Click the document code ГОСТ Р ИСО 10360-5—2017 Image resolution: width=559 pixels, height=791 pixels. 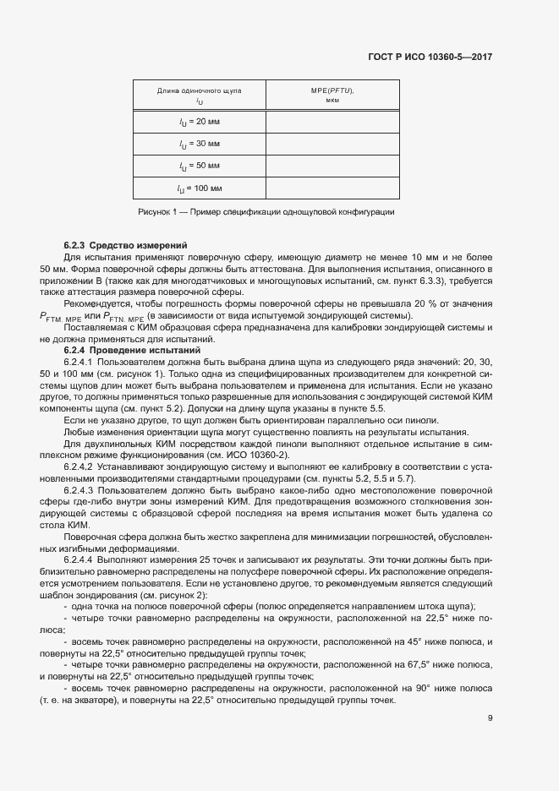(430, 57)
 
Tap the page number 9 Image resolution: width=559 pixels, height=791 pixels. (490, 719)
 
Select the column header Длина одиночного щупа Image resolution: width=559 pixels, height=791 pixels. (199, 90)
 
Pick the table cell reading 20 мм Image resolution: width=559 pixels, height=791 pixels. (199, 123)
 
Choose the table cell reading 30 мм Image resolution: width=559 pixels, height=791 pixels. (199, 145)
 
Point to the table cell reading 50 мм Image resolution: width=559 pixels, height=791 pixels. (199, 166)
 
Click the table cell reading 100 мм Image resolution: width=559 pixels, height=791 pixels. (199, 188)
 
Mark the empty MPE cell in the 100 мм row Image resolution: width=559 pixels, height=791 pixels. (332, 188)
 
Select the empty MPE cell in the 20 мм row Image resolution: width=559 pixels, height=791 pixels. (332, 123)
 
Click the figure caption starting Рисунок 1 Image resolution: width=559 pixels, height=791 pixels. (266, 211)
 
